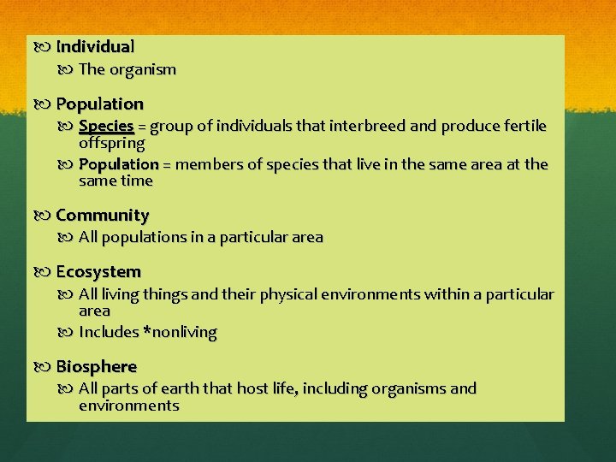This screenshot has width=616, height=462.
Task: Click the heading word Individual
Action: tap(95, 47)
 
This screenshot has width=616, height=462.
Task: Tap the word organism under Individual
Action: tap(142, 70)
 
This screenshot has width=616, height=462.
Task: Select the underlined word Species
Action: tap(106, 127)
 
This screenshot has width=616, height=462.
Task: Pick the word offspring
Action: tap(112, 144)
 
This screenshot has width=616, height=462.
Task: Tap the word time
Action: tap(136, 181)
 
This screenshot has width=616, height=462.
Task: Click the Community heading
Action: tap(102, 216)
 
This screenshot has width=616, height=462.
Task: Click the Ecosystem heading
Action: tap(98, 272)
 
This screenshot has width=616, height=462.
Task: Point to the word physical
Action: tap(286, 295)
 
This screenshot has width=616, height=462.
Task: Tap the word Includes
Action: tap(109, 332)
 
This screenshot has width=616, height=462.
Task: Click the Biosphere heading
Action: tap(96, 367)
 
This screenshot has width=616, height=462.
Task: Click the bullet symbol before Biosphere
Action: tap(46, 367)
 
